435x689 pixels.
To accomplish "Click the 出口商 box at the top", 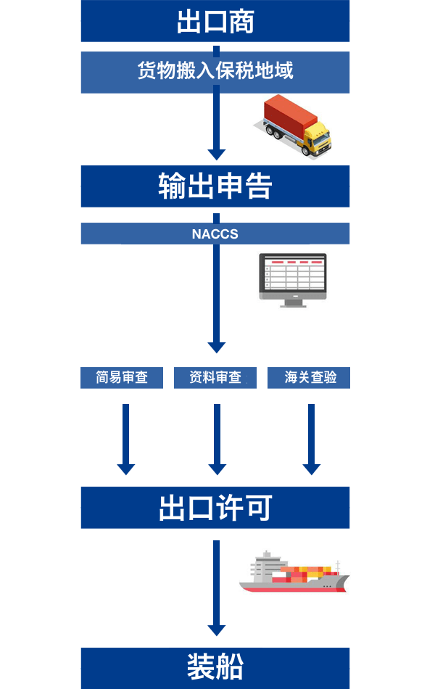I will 215,21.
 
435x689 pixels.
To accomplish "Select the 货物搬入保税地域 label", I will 215,72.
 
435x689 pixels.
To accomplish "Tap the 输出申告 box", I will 215,186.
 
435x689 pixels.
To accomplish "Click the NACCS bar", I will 215,234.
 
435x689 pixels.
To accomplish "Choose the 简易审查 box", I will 122,378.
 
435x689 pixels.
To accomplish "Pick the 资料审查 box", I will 215,378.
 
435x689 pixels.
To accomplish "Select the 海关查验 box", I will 309,378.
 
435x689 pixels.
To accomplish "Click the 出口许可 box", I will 215,508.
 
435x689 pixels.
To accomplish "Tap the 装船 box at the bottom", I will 215,667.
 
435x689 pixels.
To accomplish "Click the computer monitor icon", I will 293,276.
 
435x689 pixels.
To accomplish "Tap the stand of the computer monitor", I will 293,302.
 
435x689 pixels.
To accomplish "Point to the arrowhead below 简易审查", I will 126,469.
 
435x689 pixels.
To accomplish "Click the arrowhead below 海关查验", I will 312,469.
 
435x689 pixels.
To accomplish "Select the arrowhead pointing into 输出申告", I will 216,154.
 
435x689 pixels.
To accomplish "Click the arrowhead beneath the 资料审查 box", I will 216,469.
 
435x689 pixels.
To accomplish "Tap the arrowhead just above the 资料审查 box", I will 216,347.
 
